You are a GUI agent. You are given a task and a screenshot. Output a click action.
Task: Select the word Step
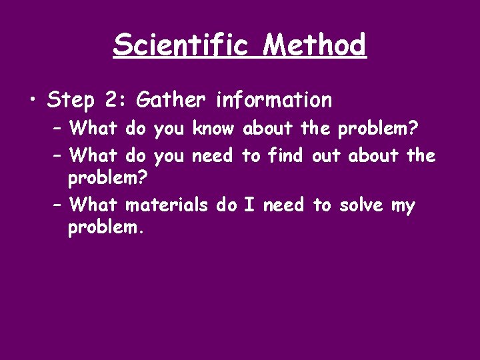(x=71, y=101)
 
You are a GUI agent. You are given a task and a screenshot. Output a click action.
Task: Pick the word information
(x=273, y=100)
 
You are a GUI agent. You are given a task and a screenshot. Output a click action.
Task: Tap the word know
(x=213, y=127)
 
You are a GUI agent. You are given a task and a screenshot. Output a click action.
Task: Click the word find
(x=285, y=156)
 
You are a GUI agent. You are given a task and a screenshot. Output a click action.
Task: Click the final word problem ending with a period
(x=106, y=228)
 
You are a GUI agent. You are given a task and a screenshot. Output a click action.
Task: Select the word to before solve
(x=322, y=205)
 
